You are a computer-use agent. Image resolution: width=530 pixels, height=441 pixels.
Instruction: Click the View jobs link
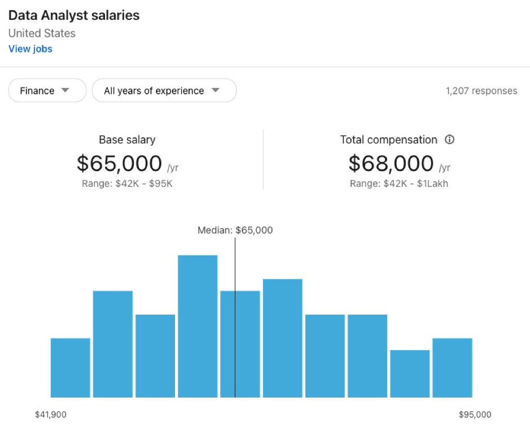30,49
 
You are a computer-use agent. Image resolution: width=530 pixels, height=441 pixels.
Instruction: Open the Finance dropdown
47,90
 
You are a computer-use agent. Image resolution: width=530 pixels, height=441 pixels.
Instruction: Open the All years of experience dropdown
164,90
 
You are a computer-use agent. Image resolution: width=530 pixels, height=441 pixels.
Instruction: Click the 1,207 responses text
481,91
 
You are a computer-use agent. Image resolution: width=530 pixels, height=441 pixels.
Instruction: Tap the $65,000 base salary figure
120,164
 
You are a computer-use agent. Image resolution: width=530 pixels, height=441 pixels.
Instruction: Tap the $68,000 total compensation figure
391,164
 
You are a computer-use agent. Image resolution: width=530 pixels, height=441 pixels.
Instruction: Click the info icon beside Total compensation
450,139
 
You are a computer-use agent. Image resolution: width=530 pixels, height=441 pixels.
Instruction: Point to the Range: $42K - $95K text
127,184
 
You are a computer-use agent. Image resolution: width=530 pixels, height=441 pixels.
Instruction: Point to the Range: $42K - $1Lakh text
398,184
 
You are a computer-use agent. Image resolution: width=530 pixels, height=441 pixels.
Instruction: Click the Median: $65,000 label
235,230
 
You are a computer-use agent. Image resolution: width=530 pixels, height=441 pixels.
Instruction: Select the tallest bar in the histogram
198,326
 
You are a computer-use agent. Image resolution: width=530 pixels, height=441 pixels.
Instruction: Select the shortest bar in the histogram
410,374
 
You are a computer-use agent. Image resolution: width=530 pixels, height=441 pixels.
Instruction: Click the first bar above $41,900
71,368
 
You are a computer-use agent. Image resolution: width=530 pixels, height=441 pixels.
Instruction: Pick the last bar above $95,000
452,368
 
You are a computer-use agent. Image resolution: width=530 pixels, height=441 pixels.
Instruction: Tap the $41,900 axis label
51,415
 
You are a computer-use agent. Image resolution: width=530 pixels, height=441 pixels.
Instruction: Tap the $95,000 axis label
475,415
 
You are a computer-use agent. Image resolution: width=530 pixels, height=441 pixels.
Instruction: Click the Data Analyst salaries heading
74,15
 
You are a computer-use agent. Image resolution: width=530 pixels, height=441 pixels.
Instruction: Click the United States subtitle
42,33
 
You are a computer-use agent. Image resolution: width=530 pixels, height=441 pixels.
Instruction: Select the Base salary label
127,139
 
